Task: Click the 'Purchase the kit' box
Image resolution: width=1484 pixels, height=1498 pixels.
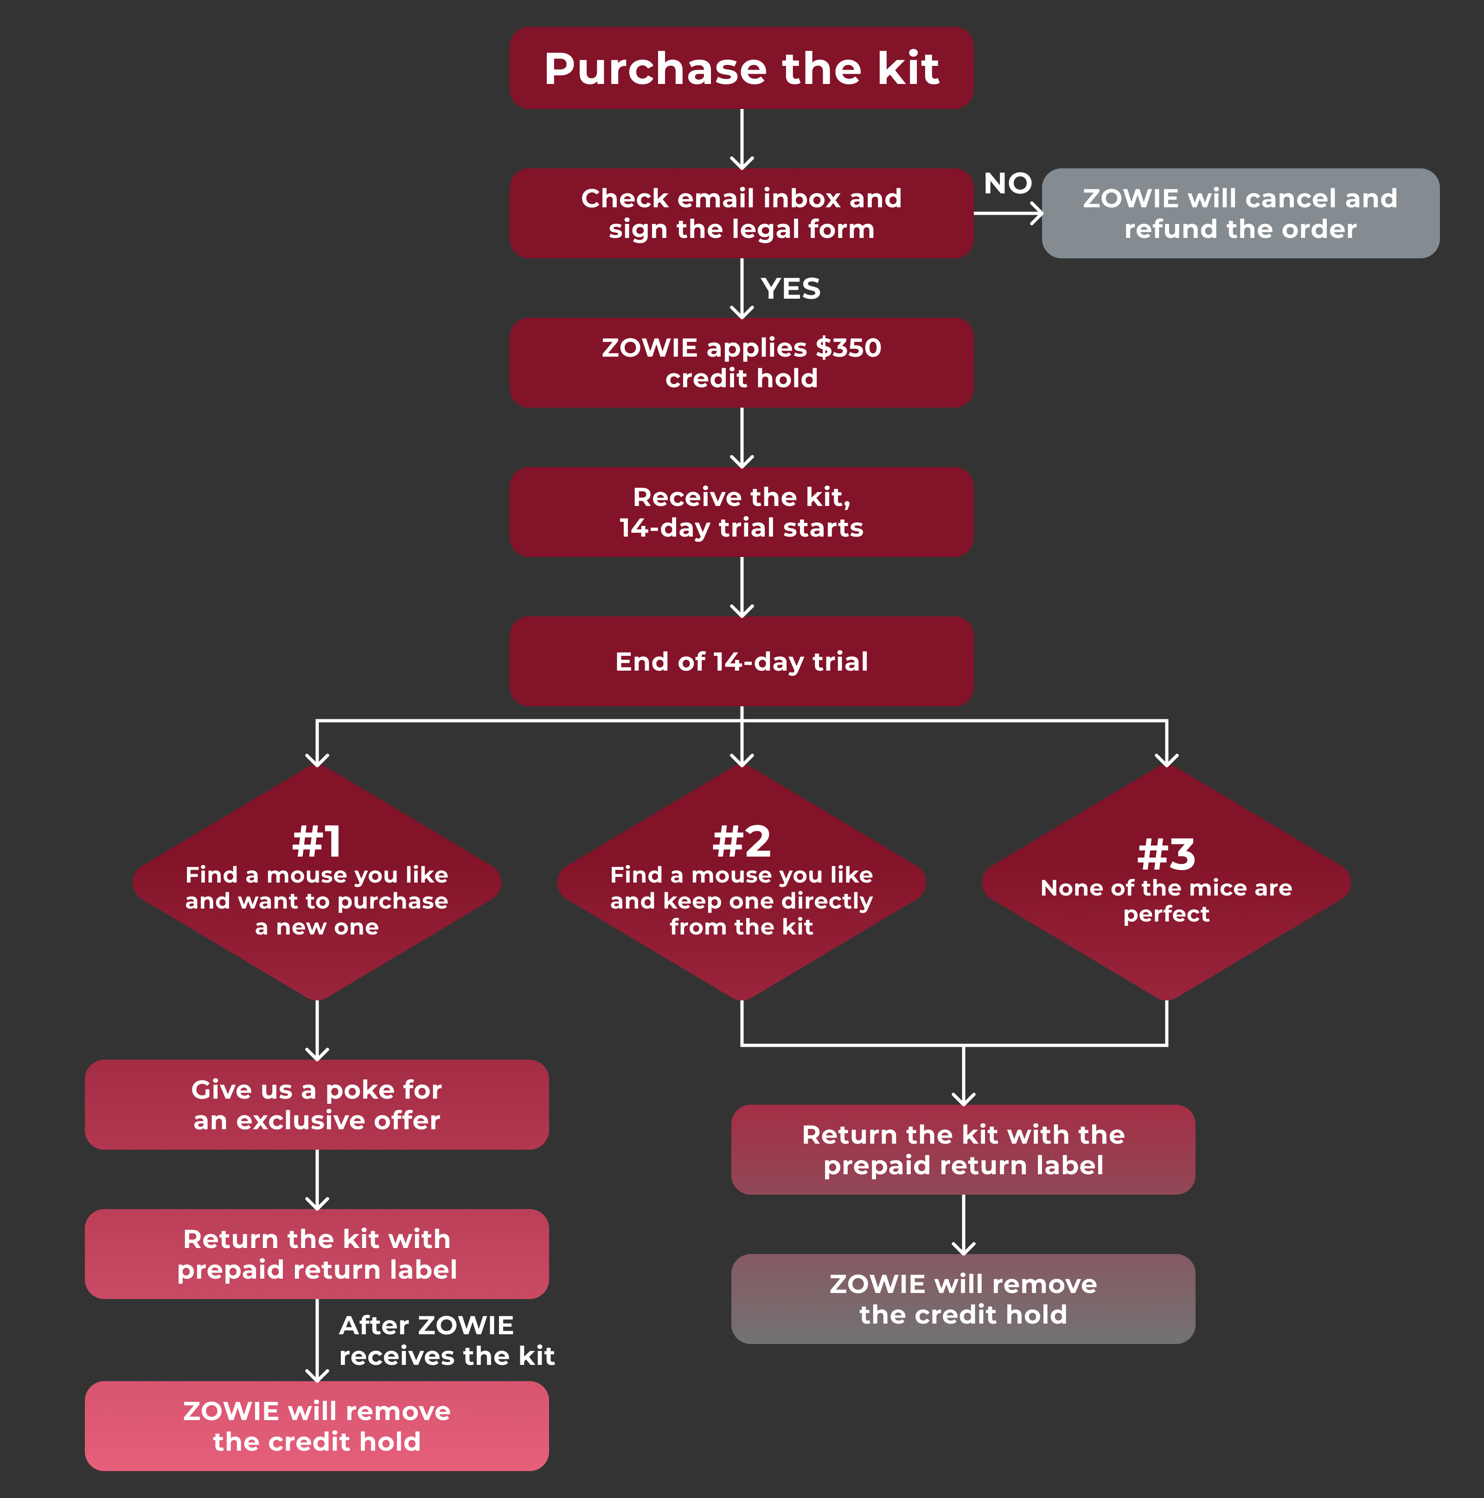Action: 741,68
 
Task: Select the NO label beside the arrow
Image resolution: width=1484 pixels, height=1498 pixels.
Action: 1007,184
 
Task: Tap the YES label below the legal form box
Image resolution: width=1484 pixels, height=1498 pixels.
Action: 790,288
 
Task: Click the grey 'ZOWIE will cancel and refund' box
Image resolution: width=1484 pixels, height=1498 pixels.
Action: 1240,213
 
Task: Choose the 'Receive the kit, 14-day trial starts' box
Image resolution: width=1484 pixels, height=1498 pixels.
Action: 741,512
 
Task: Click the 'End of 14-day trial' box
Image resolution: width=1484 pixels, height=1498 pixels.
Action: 741,661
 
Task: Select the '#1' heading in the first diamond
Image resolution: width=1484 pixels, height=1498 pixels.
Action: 316,841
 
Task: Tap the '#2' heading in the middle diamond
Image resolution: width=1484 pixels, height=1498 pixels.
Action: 741,841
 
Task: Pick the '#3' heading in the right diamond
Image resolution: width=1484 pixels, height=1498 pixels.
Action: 1166,854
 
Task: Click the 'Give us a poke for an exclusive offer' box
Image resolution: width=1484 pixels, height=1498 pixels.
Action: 316,1104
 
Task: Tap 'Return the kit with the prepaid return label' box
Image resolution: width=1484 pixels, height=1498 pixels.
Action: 963,1149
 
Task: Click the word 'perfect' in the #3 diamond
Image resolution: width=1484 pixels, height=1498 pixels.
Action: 1166,914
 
